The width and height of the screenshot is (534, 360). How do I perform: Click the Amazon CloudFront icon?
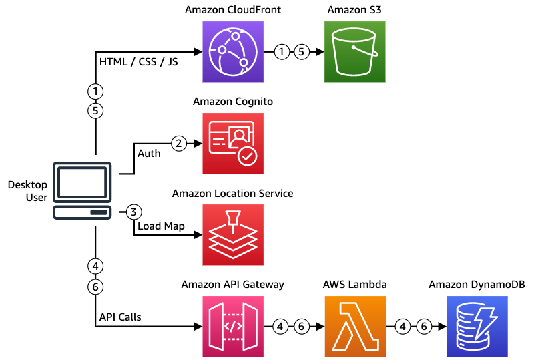pos(233,51)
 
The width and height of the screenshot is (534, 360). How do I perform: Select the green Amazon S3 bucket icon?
pos(355,51)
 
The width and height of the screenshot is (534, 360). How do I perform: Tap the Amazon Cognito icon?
pos(233,143)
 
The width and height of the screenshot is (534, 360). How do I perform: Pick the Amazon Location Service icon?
pos(233,235)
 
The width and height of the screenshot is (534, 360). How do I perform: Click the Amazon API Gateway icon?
pos(233,327)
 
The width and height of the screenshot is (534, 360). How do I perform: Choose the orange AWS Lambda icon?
pos(355,327)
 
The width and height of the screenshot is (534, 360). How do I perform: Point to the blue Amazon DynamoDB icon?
pos(477,327)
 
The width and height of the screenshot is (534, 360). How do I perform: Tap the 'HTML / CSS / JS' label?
pos(138,62)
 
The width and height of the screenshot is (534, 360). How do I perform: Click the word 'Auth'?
pos(149,154)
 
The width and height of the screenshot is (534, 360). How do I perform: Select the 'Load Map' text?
pos(161,226)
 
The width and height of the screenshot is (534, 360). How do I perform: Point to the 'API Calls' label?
pos(119,317)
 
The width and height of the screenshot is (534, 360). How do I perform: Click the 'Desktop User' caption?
pos(27,190)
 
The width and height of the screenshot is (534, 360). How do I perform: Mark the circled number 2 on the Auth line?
pos(178,143)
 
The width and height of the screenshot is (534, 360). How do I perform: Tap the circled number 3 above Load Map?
pos(133,212)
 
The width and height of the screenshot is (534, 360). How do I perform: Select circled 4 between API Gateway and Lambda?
pos(282,327)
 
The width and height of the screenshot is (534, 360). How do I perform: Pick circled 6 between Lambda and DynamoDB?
pos(423,327)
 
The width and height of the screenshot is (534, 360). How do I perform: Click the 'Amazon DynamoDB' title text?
pos(477,285)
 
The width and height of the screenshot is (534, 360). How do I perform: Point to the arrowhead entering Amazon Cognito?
pos(198,143)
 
